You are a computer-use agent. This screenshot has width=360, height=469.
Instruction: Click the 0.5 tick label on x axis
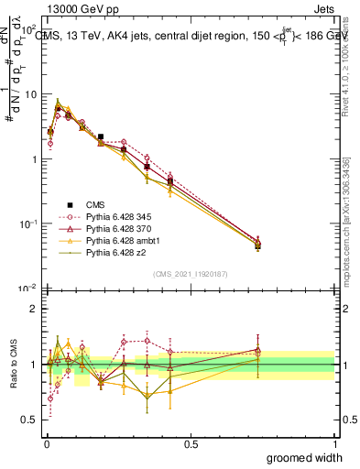click(191, 444)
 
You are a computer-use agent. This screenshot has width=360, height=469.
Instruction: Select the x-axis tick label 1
click(334, 444)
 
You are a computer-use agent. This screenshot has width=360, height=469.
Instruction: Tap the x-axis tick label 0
click(46, 444)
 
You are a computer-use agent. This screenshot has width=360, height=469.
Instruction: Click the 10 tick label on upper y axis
click(29, 94)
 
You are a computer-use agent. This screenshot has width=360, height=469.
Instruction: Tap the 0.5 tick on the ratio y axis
click(30, 421)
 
